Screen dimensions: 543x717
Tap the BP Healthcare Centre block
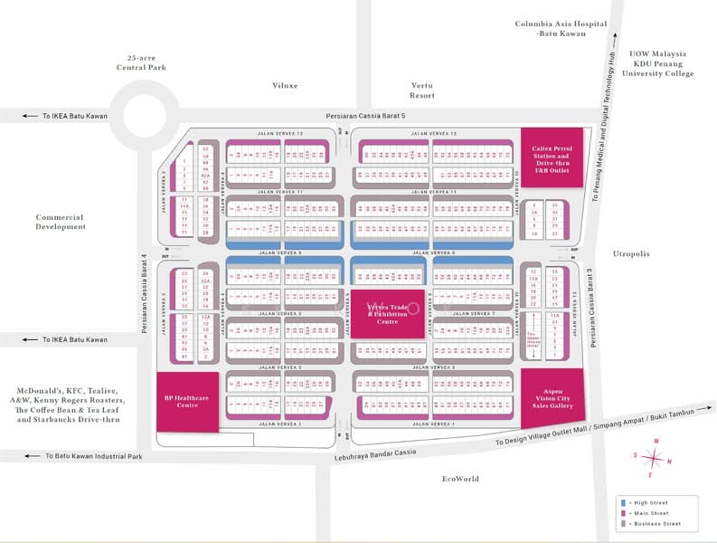coord(187,401)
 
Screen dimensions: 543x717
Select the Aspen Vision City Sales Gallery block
coord(551,395)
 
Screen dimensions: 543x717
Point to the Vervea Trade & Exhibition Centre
coord(387,313)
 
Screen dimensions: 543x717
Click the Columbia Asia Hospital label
coord(550,28)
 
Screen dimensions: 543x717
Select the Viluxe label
coord(285,86)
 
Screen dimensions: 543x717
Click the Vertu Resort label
coord(422,90)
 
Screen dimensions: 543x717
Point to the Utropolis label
coord(630,254)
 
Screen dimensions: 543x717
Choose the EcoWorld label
coord(460,479)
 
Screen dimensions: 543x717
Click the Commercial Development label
coord(61,222)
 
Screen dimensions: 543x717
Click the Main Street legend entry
coord(649,513)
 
